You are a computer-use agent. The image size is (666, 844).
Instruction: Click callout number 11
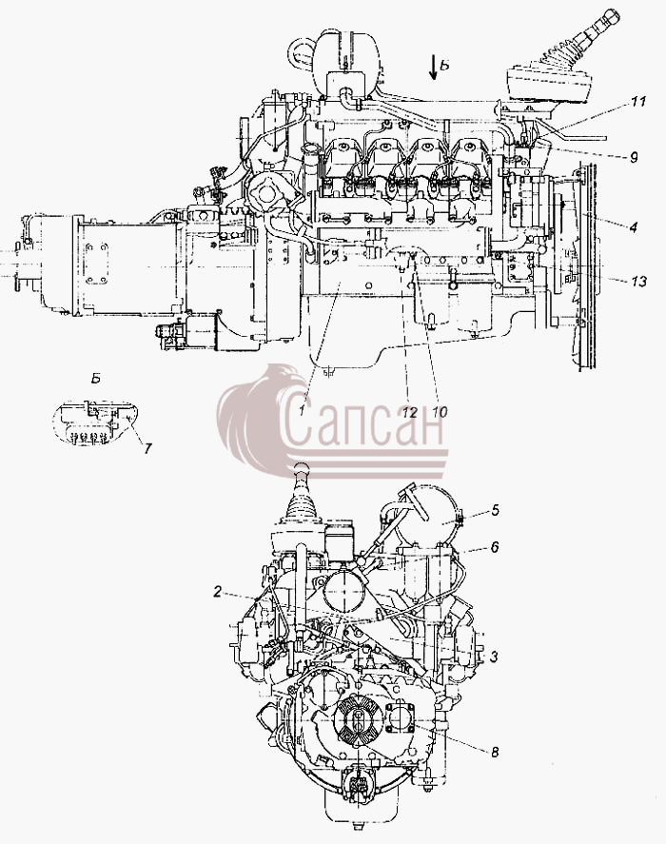click(638, 101)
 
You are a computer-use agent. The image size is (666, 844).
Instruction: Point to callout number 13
click(638, 281)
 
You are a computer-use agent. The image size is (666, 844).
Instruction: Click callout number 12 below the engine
click(410, 413)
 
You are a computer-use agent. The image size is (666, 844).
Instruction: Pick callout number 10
click(440, 412)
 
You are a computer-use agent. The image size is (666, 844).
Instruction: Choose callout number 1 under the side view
click(303, 411)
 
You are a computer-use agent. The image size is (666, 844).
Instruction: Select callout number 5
click(496, 509)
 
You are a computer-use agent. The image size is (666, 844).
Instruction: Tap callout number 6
click(495, 547)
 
